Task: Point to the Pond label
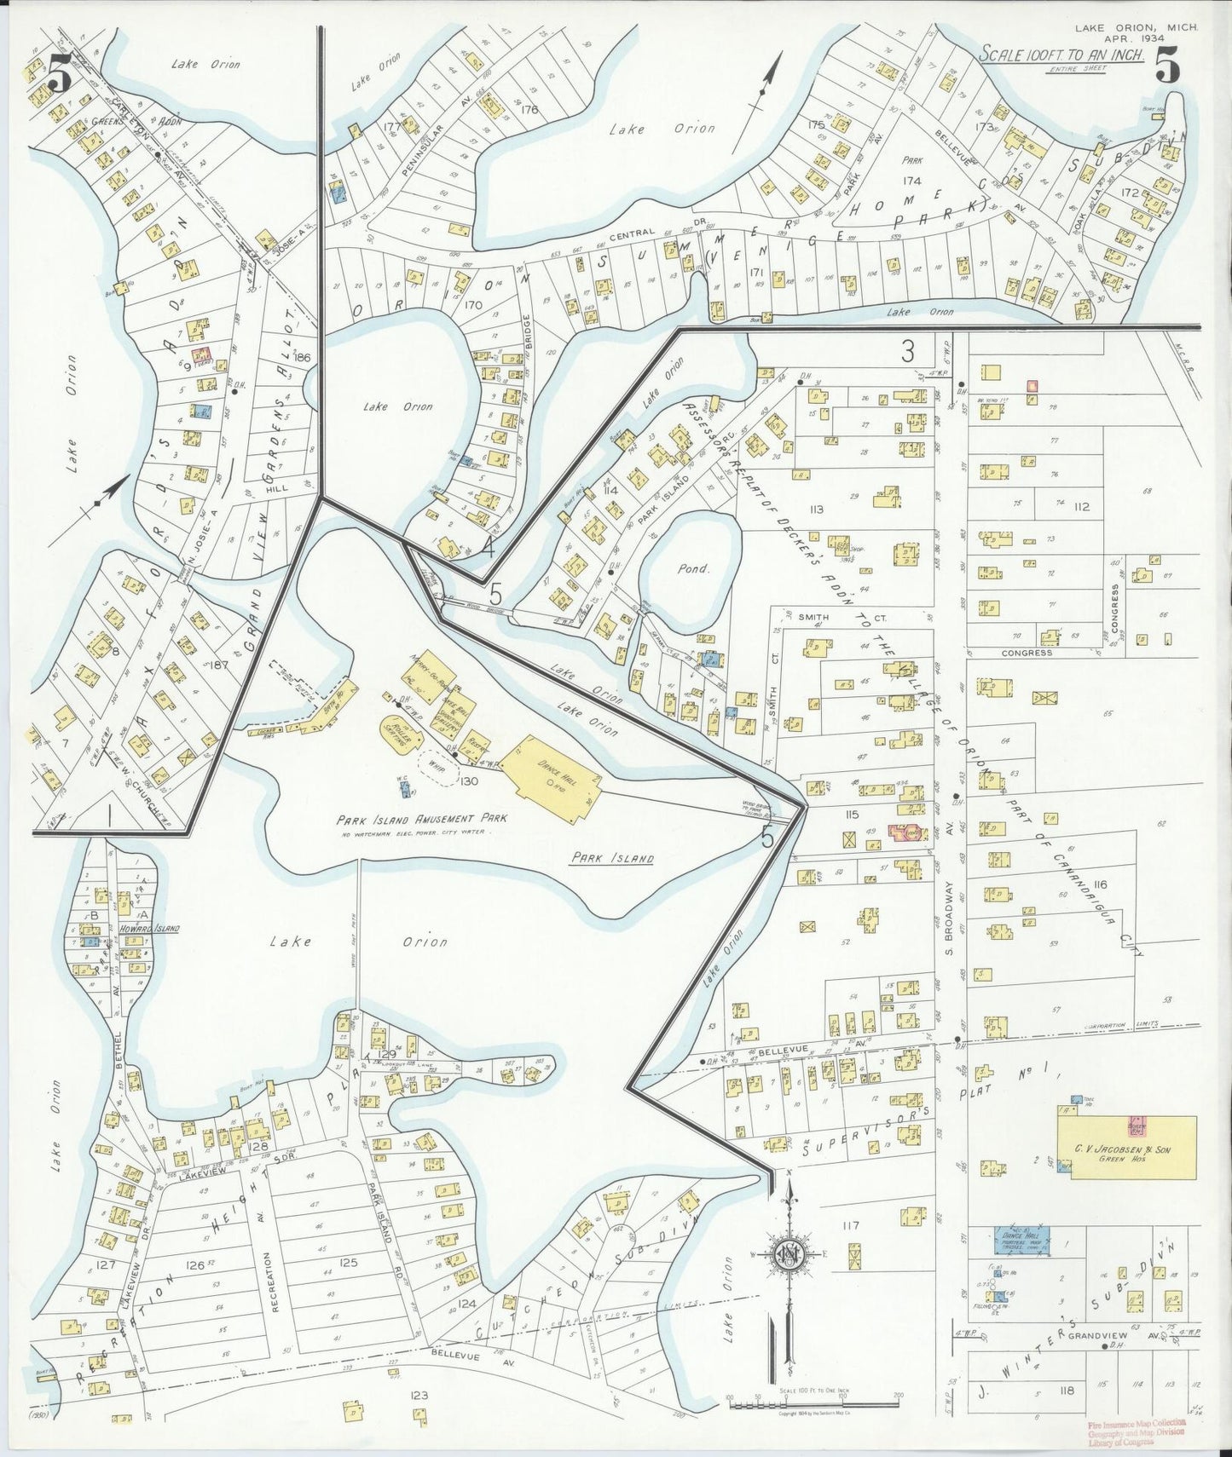tap(693, 568)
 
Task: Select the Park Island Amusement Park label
tap(421, 818)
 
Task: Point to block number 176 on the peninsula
tap(529, 109)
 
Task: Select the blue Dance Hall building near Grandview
tap(1021, 1241)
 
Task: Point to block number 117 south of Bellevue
tap(849, 1226)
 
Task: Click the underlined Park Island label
tap(611, 859)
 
